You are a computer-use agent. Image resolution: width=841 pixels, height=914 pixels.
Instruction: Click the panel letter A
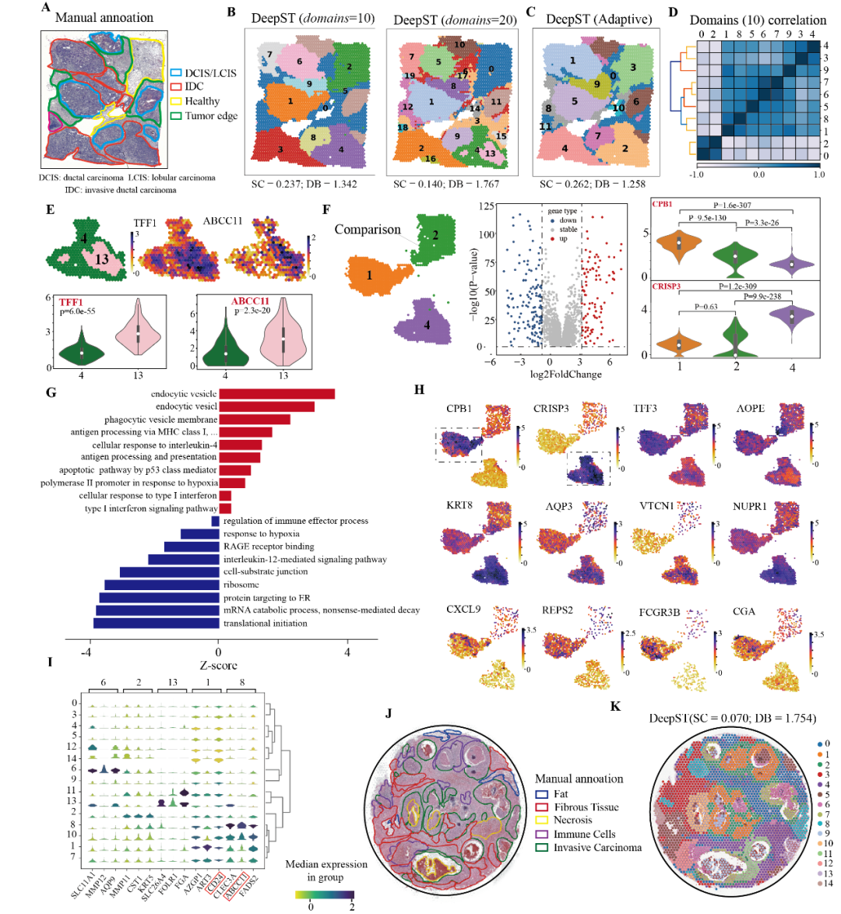[47, 9]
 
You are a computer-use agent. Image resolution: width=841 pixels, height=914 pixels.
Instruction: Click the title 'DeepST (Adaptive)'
[598, 19]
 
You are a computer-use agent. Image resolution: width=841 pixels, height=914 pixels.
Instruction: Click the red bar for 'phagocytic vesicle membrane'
[254, 420]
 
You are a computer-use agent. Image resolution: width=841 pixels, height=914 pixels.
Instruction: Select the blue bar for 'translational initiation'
[156, 623]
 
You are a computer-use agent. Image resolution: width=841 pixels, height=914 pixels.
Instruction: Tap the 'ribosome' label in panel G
[241, 585]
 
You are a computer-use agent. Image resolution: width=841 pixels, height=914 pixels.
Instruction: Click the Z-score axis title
[218, 666]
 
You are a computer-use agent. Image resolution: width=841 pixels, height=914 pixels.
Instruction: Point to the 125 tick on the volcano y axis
[487, 207]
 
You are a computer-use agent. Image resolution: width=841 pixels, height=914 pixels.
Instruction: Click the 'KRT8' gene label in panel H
[459, 506]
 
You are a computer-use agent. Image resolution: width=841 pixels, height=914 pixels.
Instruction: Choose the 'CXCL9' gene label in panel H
[463, 610]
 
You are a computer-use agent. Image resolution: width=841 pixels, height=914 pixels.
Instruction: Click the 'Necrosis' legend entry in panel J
[572, 820]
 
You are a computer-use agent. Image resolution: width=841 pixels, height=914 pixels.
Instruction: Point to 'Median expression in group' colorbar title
[326, 871]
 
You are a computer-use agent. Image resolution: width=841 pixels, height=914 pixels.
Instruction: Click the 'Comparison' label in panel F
[368, 229]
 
